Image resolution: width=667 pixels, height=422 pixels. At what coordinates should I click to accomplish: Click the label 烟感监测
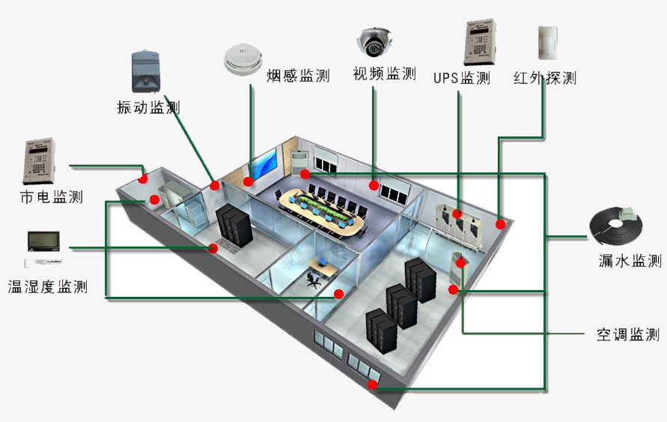298,76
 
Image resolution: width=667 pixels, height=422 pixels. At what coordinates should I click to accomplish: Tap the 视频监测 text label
384,73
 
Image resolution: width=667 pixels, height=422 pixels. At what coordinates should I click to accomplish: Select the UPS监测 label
462,78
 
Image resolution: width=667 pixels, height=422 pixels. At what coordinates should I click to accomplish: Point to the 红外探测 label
545,78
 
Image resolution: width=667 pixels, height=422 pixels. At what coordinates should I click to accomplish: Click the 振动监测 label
148,107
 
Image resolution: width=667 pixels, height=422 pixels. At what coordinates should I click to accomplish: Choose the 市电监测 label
52,196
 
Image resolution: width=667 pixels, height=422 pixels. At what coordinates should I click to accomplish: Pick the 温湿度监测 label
48,286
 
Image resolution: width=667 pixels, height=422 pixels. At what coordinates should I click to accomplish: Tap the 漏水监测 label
630,260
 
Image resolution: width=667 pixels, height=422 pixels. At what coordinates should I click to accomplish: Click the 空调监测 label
628,334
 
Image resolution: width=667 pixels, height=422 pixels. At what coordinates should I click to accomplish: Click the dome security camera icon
374,42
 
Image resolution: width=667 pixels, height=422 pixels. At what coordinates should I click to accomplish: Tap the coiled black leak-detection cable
616,226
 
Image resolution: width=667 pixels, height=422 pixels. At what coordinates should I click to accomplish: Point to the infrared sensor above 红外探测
548,43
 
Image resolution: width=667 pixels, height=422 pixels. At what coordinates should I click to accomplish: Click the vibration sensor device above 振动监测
146,72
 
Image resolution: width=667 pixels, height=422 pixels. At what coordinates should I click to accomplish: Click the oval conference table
322,214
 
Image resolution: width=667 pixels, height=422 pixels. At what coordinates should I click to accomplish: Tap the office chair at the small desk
314,280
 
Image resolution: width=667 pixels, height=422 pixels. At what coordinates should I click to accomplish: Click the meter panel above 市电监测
39,160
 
